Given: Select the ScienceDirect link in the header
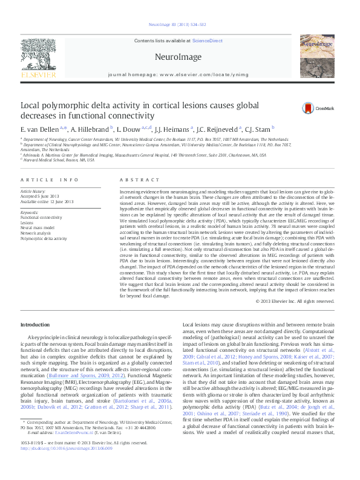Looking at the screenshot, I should [207, 41].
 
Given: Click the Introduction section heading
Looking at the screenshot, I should [35, 325].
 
